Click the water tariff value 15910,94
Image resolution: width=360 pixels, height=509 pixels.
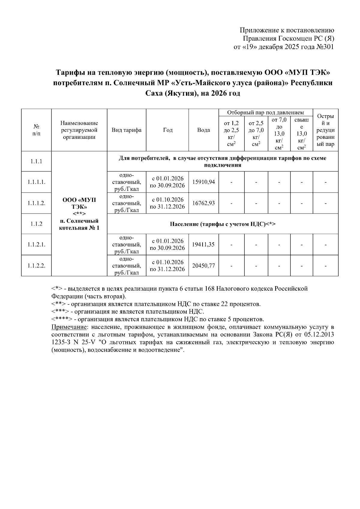click(x=203, y=182)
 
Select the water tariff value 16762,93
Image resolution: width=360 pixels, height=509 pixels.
click(x=203, y=203)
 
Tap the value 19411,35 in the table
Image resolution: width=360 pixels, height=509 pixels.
click(x=203, y=244)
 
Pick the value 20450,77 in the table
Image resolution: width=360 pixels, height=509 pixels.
click(x=203, y=265)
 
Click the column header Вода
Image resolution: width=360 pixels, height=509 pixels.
click(x=203, y=130)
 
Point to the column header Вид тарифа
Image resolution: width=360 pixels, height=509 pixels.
click(x=126, y=130)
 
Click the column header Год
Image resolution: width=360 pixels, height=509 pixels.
click(x=167, y=130)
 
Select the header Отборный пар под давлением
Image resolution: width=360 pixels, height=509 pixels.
click(x=265, y=113)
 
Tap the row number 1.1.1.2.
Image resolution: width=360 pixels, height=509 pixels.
click(x=36, y=203)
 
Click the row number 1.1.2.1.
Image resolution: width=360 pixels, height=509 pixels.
click(x=36, y=244)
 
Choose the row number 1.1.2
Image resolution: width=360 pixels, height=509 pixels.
click(x=36, y=224)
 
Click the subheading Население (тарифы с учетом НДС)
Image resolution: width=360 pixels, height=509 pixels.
click(x=222, y=224)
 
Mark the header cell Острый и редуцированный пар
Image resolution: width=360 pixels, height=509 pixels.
click(x=325, y=130)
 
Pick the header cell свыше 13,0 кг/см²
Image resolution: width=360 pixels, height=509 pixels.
click(x=301, y=133)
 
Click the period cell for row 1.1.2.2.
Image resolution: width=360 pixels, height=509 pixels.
click(x=167, y=265)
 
